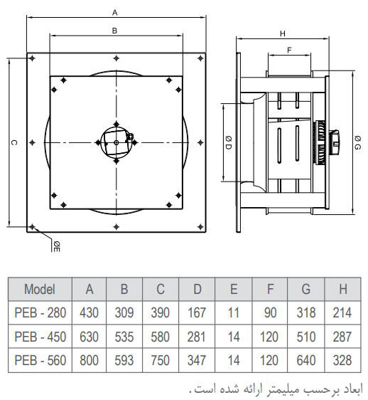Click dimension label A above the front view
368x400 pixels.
[x=115, y=12]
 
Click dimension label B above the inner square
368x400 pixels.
[x=114, y=31]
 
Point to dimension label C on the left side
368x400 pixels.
[x=14, y=142]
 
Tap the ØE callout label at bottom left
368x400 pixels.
[x=57, y=246]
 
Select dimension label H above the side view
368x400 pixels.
[x=283, y=33]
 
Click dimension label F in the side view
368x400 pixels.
[x=289, y=51]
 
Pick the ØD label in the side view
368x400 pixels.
[x=229, y=142]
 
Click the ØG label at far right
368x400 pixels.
[x=357, y=143]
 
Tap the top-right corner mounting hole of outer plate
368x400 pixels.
[x=200, y=58]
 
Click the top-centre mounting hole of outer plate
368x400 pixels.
[x=116, y=58]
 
